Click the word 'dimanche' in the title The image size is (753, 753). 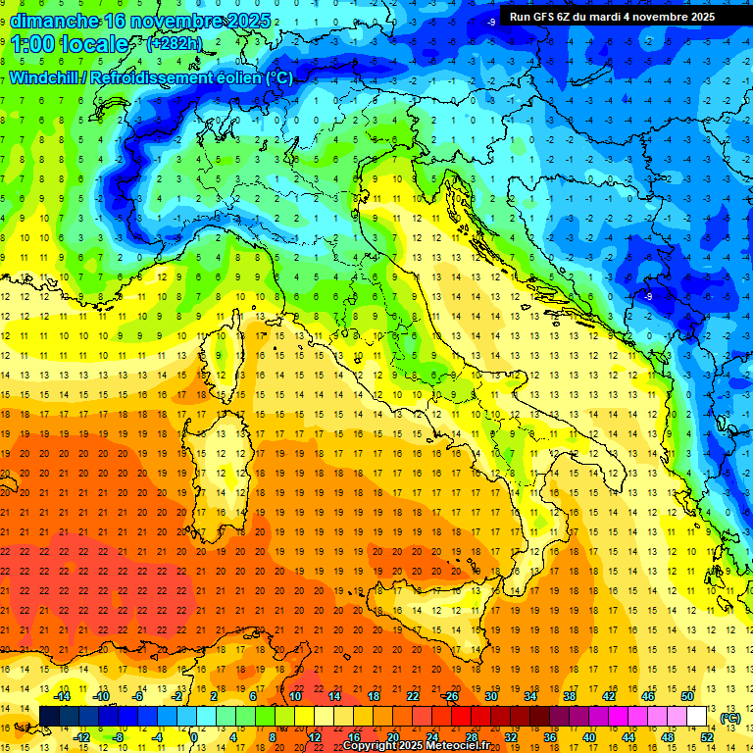tap(54, 20)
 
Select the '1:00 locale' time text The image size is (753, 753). tap(71, 44)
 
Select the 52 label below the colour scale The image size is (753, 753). tap(707, 737)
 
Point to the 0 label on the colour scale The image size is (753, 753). tap(195, 737)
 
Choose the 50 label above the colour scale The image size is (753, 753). tap(686, 695)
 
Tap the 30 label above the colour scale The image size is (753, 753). tap(490, 695)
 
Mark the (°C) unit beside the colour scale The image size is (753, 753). tap(730, 717)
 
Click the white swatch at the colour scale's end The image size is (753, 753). tap(697, 717)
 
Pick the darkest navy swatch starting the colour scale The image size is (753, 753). tap(49, 717)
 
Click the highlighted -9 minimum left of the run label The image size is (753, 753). tap(489, 21)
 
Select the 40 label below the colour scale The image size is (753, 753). tap(589, 737)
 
